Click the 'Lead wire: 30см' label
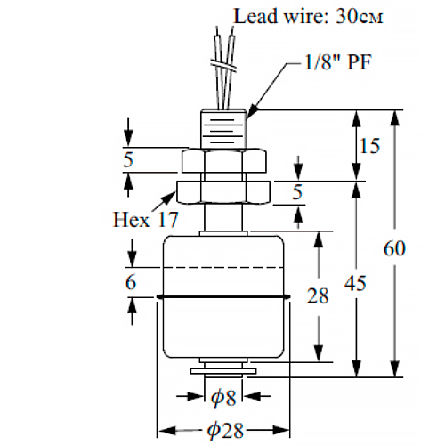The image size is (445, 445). [x=309, y=16]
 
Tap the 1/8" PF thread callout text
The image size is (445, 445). [x=338, y=62]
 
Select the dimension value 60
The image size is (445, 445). [x=394, y=248]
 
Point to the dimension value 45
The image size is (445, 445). [x=355, y=283]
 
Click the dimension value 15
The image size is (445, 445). [x=369, y=146]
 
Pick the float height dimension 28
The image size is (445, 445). [x=318, y=295]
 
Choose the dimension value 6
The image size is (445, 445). [x=131, y=282]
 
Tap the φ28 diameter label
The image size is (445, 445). [x=225, y=431]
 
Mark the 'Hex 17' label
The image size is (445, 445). [x=146, y=220]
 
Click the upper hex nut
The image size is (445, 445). [x=223, y=160]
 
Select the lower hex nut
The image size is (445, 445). [x=223, y=192]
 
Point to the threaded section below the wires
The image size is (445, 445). [x=223, y=129]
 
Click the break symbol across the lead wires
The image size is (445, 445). [x=223, y=66]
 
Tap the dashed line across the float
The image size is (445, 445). [x=223, y=268]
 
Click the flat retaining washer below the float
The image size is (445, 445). [x=223, y=371]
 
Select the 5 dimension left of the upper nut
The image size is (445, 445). [x=128, y=160]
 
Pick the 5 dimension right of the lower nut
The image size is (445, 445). [x=297, y=192]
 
